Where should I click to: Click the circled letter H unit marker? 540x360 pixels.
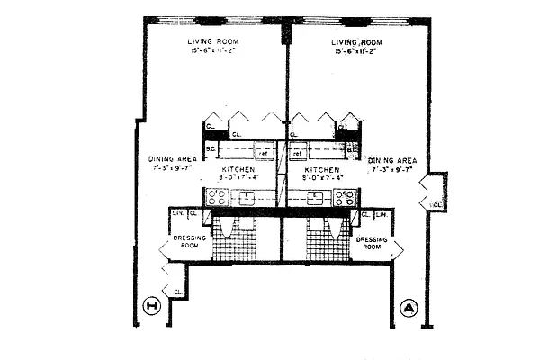coord(152,308)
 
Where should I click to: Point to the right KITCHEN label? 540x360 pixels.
coord(321,169)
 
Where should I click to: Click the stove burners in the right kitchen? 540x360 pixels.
coord(344,195)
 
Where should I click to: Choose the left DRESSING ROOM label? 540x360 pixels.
coord(190,243)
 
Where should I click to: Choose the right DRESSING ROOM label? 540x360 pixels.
coord(371,243)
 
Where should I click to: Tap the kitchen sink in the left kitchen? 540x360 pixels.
coord(245,195)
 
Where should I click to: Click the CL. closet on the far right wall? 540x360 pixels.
coord(436,205)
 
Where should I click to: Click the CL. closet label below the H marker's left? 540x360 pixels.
coord(177,292)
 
